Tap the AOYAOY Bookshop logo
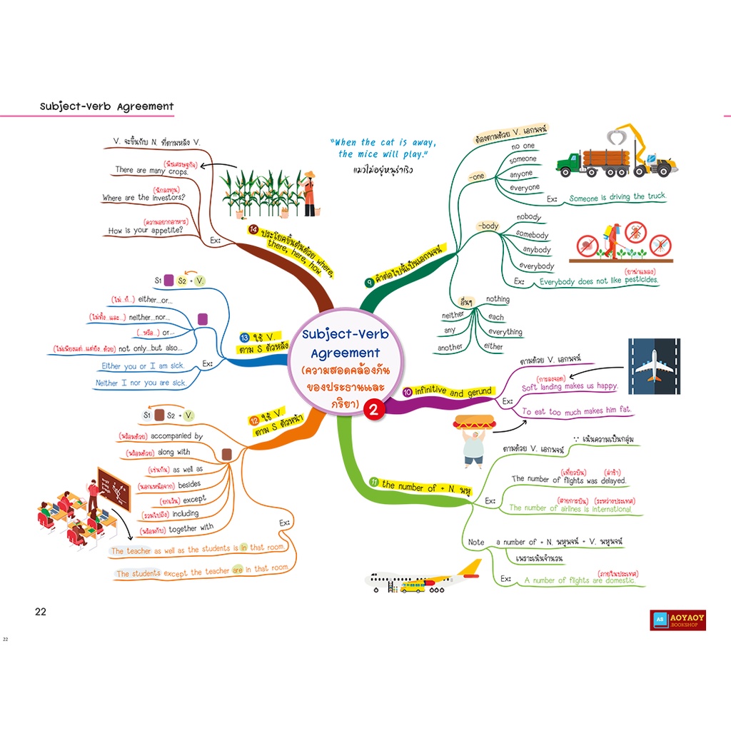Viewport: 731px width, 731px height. point(677,620)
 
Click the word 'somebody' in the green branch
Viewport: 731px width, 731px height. point(532,234)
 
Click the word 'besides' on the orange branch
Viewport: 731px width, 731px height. point(188,484)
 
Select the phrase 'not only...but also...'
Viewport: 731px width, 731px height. point(150,348)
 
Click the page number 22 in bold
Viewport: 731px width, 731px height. point(41,611)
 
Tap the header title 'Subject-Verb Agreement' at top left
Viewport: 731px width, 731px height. point(107,106)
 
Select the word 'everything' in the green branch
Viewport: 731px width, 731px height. point(505,332)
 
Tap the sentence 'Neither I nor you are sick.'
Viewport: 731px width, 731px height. point(140,383)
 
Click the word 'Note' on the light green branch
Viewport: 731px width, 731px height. point(476,542)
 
